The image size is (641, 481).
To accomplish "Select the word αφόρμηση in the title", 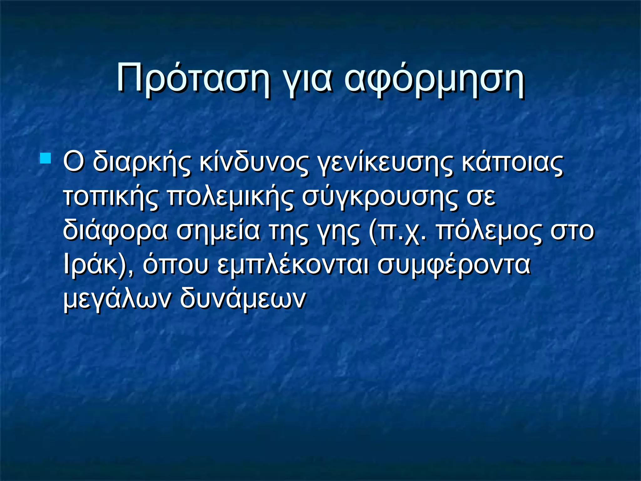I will point(434,80).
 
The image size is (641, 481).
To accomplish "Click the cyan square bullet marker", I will point(45,158).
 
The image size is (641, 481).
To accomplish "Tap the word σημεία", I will point(218,231).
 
